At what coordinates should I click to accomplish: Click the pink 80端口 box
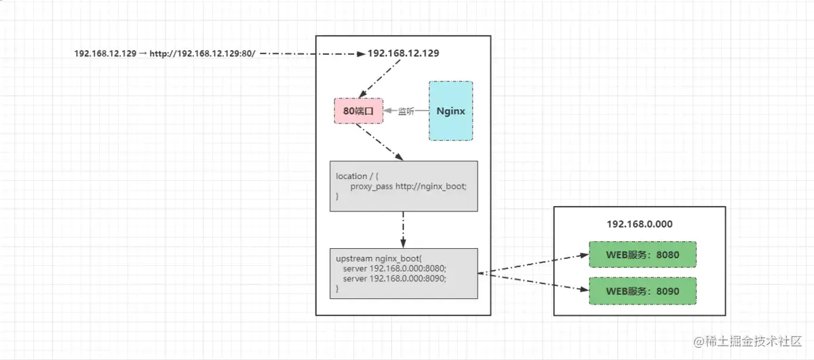tap(359, 111)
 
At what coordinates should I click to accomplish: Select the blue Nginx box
tap(450, 111)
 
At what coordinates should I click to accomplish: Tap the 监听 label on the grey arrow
tap(406, 111)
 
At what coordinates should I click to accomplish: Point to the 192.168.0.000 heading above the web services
tap(639, 224)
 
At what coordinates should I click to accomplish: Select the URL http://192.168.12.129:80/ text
tap(202, 54)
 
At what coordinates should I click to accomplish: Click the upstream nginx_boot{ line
tap(379, 258)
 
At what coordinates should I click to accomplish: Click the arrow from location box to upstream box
tap(404, 230)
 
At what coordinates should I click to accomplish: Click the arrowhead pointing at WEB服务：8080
tap(583, 256)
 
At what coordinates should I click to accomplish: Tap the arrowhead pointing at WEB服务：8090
tap(583, 290)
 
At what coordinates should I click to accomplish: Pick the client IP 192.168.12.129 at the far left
tap(106, 54)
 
